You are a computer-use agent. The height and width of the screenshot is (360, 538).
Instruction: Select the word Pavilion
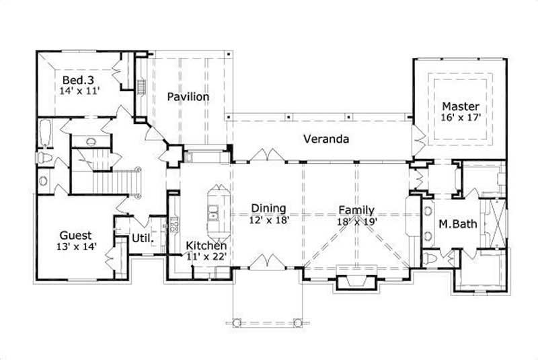(188, 97)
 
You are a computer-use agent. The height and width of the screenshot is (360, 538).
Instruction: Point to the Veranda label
(325, 140)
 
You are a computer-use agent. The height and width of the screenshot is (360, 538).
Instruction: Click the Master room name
(461, 106)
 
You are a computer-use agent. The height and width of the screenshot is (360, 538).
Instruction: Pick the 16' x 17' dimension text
(461, 118)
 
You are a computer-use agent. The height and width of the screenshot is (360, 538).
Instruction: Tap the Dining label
(268, 209)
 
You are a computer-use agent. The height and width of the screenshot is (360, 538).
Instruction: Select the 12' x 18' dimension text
(268, 220)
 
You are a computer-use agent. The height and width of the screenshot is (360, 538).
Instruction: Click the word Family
(356, 210)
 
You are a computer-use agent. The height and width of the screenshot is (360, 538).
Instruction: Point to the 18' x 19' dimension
(357, 221)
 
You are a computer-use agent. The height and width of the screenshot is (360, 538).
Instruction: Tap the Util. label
(143, 238)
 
